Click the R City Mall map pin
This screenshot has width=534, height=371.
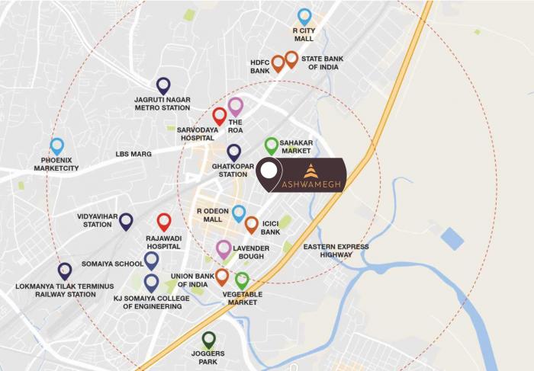click(304, 16)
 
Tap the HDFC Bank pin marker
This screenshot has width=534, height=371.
click(278, 63)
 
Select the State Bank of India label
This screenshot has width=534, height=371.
click(325, 62)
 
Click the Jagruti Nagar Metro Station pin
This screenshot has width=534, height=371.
click(163, 85)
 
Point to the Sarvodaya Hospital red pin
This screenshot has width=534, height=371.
click(220, 116)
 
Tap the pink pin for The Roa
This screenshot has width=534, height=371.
click(236, 106)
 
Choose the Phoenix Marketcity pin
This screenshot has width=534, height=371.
click(56, 146)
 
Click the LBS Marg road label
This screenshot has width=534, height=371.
click(133, 154)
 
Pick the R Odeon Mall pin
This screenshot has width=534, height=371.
click(239, 213)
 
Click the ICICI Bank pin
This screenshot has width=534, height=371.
click(252, 224)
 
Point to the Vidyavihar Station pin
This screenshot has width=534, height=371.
click(126, 221)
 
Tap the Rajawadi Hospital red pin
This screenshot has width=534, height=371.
click(164, 222)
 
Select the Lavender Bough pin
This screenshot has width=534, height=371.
click(224, 248)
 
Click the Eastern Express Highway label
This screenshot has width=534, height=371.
click(336, 251)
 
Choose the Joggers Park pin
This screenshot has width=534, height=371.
click(209, 340)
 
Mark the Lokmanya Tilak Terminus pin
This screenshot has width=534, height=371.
click(65, 270)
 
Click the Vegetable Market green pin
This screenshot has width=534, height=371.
click(242, 280)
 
